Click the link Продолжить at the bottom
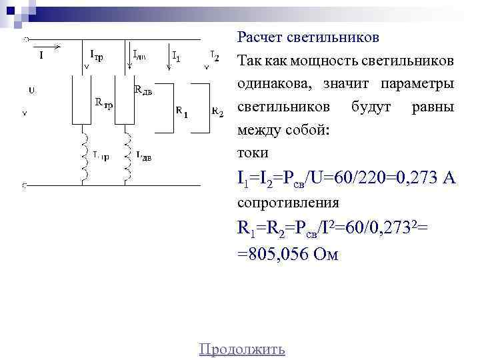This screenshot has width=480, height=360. pyautogui.click(x=242, y=349)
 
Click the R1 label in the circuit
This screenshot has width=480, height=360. pyautogui.click(x=181, y=111)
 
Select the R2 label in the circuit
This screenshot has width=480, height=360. pyautogui.click(x=217, y=111)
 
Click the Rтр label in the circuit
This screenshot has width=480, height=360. pyautogui.click(x=103, y=103)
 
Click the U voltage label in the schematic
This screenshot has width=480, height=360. pyautogui.click(x=31, y=89)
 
